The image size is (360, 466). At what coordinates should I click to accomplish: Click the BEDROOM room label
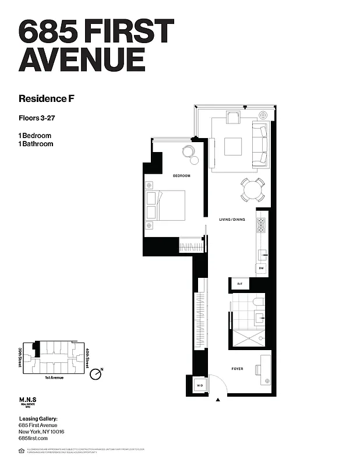pos(181,175)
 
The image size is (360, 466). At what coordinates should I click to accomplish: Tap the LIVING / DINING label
pos(231,220)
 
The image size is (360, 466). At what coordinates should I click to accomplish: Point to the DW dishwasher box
pos(262,268)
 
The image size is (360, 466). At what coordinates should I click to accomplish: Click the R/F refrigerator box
pos(239,284)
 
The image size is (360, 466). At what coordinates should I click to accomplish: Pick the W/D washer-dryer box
pos(199,386)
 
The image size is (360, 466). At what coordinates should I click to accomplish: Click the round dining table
pos(253,189)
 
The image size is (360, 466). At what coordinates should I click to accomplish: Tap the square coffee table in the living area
pos(233,146)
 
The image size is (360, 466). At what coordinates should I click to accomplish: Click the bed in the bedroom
pos(166,206)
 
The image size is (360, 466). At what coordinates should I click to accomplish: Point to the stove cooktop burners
pos(262,225)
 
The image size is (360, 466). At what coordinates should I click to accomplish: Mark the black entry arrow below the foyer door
pos(218,400)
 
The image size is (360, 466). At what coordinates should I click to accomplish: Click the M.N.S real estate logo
pos(28,403)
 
